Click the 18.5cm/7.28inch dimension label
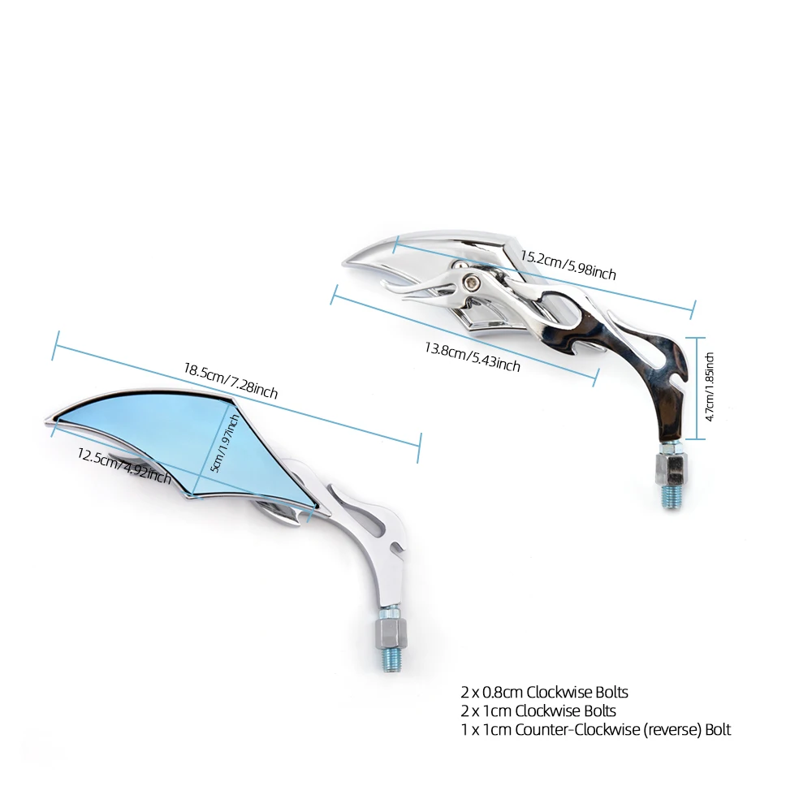pyautogui.click(x=231, y=382)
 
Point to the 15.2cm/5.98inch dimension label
pyautogui.click(x=568, y=265)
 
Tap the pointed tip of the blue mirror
pyautogui.click(x=46, y=419)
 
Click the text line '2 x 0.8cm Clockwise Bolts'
pyautogui.click(x=544, y=693)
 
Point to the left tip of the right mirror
pyautogui.click(x=345, y=261)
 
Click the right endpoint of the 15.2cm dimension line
pyautogui.click(x=694, y=309)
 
